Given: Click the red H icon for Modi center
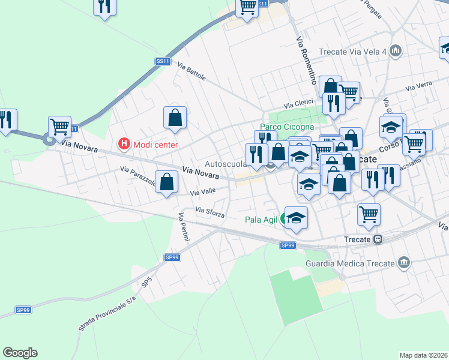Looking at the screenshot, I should coord(124,144).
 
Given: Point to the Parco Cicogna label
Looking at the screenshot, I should coord(286,127).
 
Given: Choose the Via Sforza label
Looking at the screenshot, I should coord(210,212).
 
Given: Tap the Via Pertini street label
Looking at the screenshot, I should coord(184,227).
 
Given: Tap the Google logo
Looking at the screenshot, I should coord(20,352).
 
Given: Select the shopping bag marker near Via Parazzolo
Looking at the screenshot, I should coord(167,181).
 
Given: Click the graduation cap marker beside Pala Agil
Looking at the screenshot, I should coord(296,218).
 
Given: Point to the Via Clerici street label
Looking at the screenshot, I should coord(298,103).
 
